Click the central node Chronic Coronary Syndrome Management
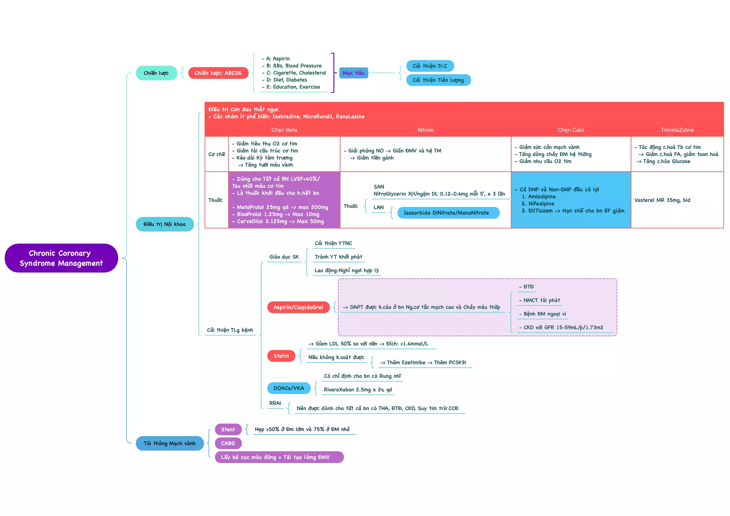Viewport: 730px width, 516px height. coord(61,258)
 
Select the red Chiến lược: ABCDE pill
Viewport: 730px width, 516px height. coord(218,73)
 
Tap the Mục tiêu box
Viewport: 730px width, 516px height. coord(353,73)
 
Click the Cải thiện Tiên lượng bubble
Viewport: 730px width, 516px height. coord(438,80)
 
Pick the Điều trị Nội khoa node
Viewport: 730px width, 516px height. coord(164,224)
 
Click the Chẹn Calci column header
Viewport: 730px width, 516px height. coord(571,130)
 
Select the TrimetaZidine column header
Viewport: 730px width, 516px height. coord(677,130)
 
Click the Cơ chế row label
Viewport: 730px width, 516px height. coord(216,154)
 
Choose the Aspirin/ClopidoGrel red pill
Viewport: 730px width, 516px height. coord(298,307)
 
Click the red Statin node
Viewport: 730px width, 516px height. coord(281,356)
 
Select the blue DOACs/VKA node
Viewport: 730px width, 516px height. coord(288,388)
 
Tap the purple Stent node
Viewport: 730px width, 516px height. coord(228,429)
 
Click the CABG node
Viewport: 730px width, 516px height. coord(228,443)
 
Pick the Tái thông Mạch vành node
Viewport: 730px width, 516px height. coord(169,443)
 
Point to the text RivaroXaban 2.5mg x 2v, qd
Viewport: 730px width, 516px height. coord(358,389)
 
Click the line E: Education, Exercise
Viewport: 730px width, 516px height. coord(293,87)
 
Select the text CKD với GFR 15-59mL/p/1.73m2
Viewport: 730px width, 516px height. coord(563,327)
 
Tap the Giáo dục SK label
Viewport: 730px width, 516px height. coord(284,257)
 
